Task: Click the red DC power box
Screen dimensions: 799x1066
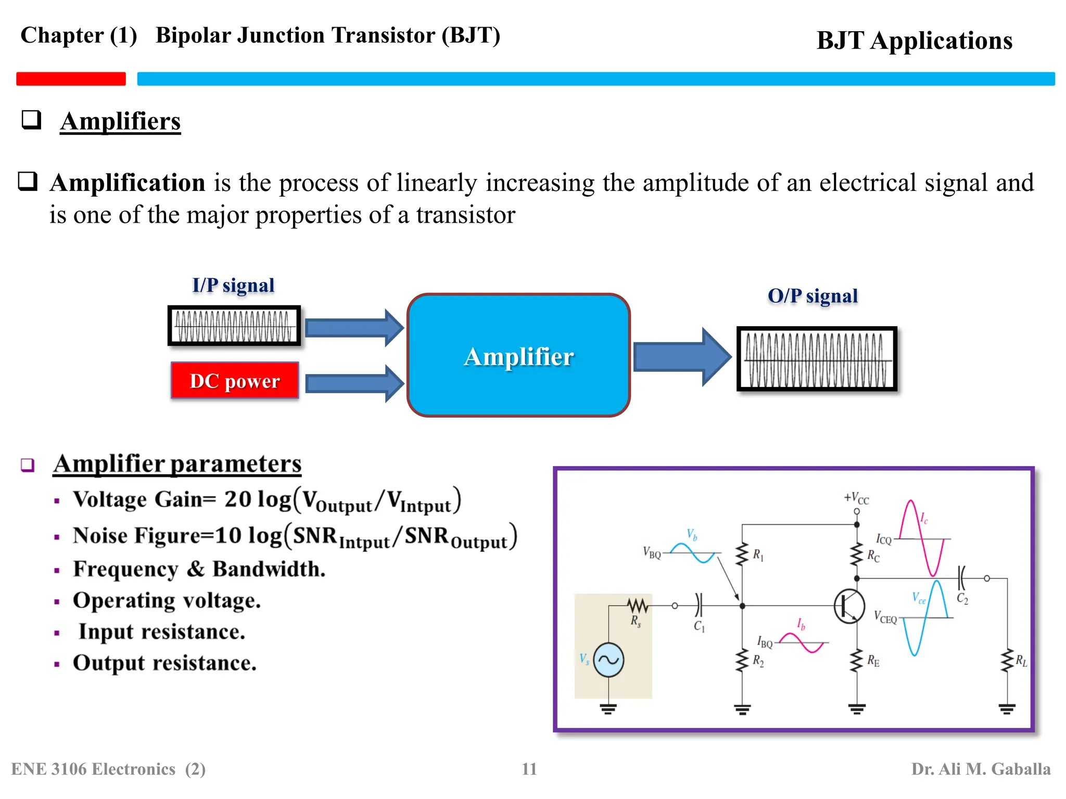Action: tap(235, 380)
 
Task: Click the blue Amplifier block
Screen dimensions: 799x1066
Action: tap(518, 355)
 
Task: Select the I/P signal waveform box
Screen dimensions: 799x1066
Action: tap(234, 326)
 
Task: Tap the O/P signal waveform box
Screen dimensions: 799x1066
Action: tap(817, 359)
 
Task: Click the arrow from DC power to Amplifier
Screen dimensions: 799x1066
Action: tap(354, 384)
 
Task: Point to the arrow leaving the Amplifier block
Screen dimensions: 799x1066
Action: tap(682, 357)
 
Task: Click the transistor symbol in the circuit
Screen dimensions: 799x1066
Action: tap(849, 606)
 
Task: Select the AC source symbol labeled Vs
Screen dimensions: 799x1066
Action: tap(608, 660)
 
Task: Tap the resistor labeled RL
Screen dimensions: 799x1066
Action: tap(1007, 661)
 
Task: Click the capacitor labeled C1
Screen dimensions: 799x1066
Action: tap(699, 606)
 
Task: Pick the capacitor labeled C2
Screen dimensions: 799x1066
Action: tap(961, 578)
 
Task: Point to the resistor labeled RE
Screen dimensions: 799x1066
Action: tap(857, 661)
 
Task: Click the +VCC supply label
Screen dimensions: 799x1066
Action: tap(856, 498)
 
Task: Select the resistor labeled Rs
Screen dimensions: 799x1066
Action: tap(637, 606)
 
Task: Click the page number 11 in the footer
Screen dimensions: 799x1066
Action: tap(529, 769)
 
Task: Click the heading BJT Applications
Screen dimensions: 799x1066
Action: tap(914, 41)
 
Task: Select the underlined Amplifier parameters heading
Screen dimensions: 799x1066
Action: tap(177, 463)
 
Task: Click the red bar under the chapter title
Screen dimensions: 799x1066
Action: tap(71, 79)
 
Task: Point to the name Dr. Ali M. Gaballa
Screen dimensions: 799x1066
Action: tap(981, 769)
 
